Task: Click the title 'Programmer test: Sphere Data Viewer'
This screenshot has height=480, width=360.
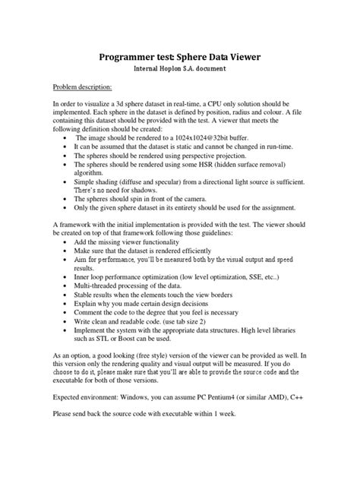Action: tap(180, 55)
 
